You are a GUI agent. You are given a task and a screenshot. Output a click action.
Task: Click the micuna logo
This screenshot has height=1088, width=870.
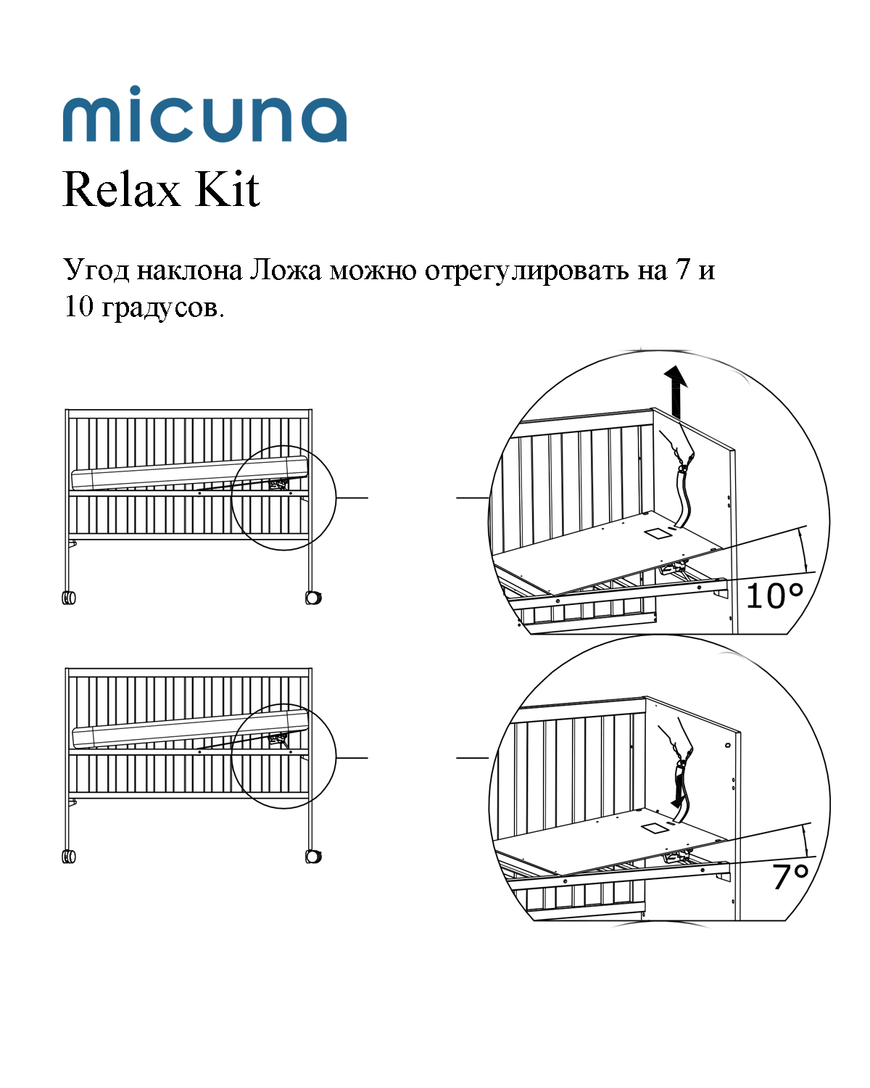(x=204, y=116)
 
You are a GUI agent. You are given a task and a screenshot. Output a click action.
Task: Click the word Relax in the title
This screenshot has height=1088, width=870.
(x=121, y=190)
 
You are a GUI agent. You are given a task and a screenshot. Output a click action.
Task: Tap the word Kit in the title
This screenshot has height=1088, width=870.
(x=227, y=190)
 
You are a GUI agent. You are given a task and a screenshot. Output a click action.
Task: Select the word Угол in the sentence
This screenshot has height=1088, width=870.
(x=96, y=270)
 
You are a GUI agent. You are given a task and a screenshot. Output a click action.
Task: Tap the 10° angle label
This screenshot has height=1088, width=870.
(x=774, y=596)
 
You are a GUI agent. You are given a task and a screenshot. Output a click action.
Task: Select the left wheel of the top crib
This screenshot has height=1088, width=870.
(x=69, y=598)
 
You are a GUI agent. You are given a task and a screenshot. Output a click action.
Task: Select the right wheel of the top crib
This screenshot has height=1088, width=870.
(x=313, y=598)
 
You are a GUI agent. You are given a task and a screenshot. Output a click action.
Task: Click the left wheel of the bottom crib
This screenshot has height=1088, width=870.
(x=69, y=857)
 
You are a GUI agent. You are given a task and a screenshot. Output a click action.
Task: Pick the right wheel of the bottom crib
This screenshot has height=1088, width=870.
(x=313, y=857)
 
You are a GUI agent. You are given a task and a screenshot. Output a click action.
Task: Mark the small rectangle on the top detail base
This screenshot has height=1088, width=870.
(x=659, y=534)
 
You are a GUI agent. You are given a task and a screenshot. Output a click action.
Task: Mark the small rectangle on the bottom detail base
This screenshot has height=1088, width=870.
(x=655, y=828)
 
